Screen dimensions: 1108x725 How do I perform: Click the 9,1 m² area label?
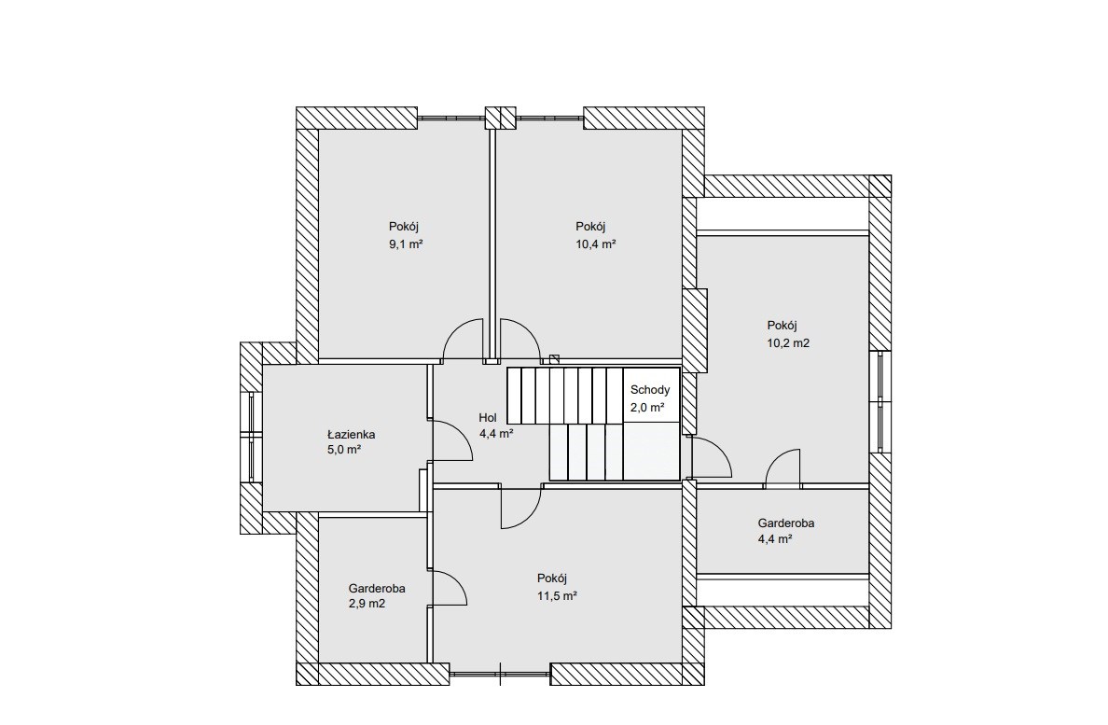point(406,244)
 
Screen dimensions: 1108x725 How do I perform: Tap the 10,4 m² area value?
point(596,244)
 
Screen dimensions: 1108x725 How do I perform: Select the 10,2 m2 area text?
point(788,343)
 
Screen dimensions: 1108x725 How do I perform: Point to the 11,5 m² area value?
point(557,595)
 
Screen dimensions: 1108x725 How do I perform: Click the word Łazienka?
point(351,434)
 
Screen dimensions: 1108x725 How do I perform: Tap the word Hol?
point(488,418)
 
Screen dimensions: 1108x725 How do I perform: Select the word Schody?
point(650,389)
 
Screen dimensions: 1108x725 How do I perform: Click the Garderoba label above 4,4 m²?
point(786,523)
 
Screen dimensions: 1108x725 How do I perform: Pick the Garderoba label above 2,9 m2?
point(376,588)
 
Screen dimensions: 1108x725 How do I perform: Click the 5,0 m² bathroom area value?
point(344,450)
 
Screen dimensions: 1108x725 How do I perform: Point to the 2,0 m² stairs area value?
point(647,407)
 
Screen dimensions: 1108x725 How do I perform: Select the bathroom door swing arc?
point(461,432)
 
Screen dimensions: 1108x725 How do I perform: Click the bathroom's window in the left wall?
point(252,437)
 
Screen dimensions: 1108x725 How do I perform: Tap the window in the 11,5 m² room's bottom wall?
point(500,674)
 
